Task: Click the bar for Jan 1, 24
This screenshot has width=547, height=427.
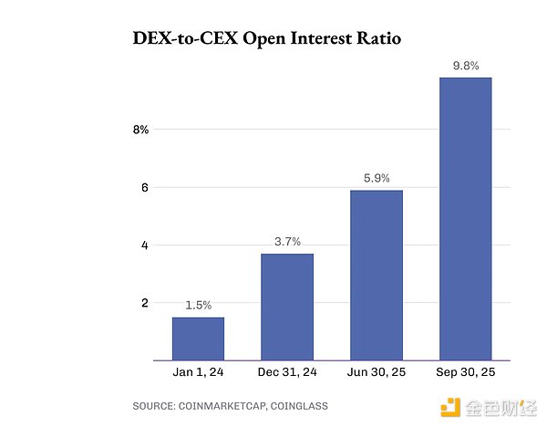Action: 198,338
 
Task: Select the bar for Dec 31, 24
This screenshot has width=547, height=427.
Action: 287,307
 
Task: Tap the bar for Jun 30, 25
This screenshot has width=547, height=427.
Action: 377,275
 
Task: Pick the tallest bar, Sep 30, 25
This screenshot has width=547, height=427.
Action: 466,219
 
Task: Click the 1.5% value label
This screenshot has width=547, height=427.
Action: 198,304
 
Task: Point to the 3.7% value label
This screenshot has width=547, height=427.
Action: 287,241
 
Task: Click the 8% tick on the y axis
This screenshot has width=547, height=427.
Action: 140,130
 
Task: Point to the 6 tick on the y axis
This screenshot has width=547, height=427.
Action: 143,187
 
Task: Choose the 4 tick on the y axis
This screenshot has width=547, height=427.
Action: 143,245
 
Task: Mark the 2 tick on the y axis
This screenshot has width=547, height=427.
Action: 143,302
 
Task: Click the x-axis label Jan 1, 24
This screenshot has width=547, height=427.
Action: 198,373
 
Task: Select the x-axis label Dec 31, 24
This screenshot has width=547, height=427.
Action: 287,373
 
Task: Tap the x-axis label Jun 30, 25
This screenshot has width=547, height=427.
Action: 377,373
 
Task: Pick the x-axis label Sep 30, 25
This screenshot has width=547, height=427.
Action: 466,373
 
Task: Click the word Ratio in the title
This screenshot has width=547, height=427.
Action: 375,40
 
